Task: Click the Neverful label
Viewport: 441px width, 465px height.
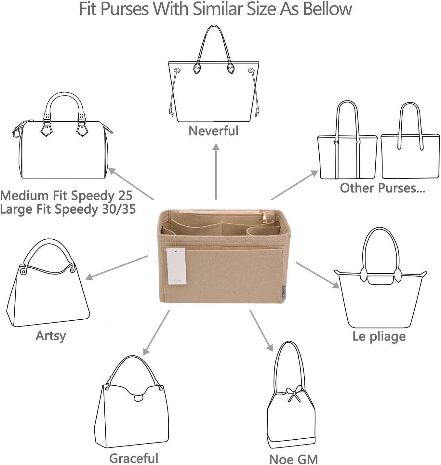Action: pyautogui.click(x=213, y=131)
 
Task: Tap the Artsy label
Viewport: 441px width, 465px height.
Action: pyautogui.click(x=51, y=336)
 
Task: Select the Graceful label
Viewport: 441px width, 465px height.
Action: pyautogui.click(x=134, y=458)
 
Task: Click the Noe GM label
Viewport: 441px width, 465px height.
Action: pyautogui.click(x=293, y=459)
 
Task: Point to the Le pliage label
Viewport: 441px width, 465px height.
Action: pyautogui.click(x=379, y=336)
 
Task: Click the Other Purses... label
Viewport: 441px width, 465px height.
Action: pyautogui.click(x=382, y=188)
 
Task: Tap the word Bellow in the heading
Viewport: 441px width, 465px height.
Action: pyautogui.click(x=327, y=9)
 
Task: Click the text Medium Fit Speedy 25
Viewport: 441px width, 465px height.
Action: pyautogui.click(x=66, y=195)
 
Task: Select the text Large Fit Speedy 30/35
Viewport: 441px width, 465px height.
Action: pyautogui.click(x=68, y=209)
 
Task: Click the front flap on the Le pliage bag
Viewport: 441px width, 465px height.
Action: pyautogui.click(x=381, y=280)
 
